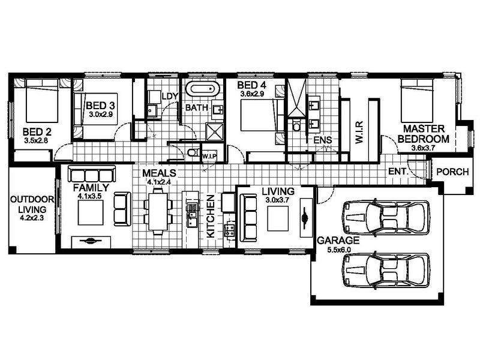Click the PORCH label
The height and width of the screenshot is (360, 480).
(452, 172)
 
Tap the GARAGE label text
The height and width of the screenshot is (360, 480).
(334, 240)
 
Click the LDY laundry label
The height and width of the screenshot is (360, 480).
(170, 96)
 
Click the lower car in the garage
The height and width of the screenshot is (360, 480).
(385, 271)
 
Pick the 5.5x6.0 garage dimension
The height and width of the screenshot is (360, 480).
(334, 249)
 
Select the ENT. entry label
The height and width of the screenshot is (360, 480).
(398, 172)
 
